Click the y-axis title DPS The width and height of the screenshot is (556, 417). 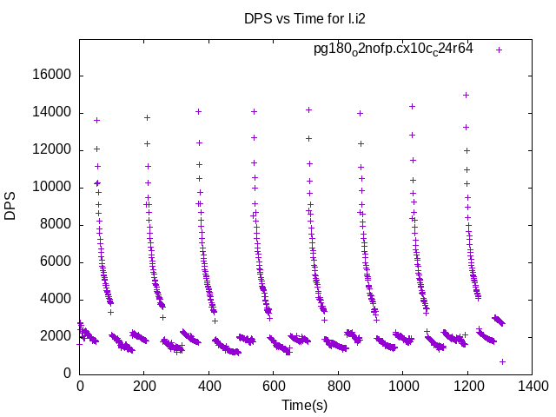point(10,206)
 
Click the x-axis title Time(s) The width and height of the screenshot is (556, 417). point(304,405)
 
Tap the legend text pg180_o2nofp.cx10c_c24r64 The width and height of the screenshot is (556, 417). point(394,49)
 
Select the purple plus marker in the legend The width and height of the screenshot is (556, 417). point(499,50)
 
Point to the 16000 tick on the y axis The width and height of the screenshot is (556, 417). point(51,76)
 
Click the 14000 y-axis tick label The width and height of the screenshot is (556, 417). point(51,113)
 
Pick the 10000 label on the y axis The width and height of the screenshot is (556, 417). point(51,188)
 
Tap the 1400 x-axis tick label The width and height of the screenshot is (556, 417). point(531,387)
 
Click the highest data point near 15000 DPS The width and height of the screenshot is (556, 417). point(466,95)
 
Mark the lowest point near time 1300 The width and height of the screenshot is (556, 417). point(502,361)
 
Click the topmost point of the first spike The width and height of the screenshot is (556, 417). point(96,120)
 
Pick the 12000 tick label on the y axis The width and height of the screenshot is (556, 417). point(51,150)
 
